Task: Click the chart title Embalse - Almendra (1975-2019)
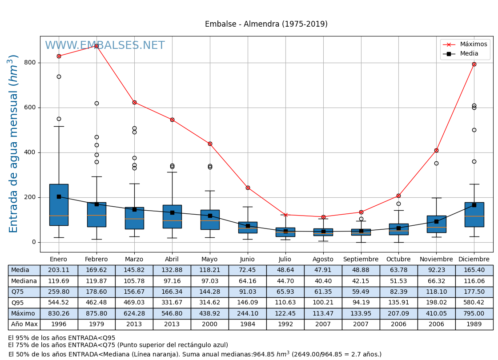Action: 266,24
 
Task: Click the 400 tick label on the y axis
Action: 30,152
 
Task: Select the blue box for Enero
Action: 59,204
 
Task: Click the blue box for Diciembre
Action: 474,215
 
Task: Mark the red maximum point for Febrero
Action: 96,46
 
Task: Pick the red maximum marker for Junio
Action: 248,188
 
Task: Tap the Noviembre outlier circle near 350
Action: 436,163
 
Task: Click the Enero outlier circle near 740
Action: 59,76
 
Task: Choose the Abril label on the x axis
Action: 172,260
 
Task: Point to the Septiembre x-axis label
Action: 361,260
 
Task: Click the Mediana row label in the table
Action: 24,281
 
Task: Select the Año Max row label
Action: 24,324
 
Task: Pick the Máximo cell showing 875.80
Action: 96,314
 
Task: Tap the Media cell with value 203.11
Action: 59,270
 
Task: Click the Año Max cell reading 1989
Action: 474,324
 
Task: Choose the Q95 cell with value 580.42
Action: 474,303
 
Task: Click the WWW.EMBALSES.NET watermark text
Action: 105,46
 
